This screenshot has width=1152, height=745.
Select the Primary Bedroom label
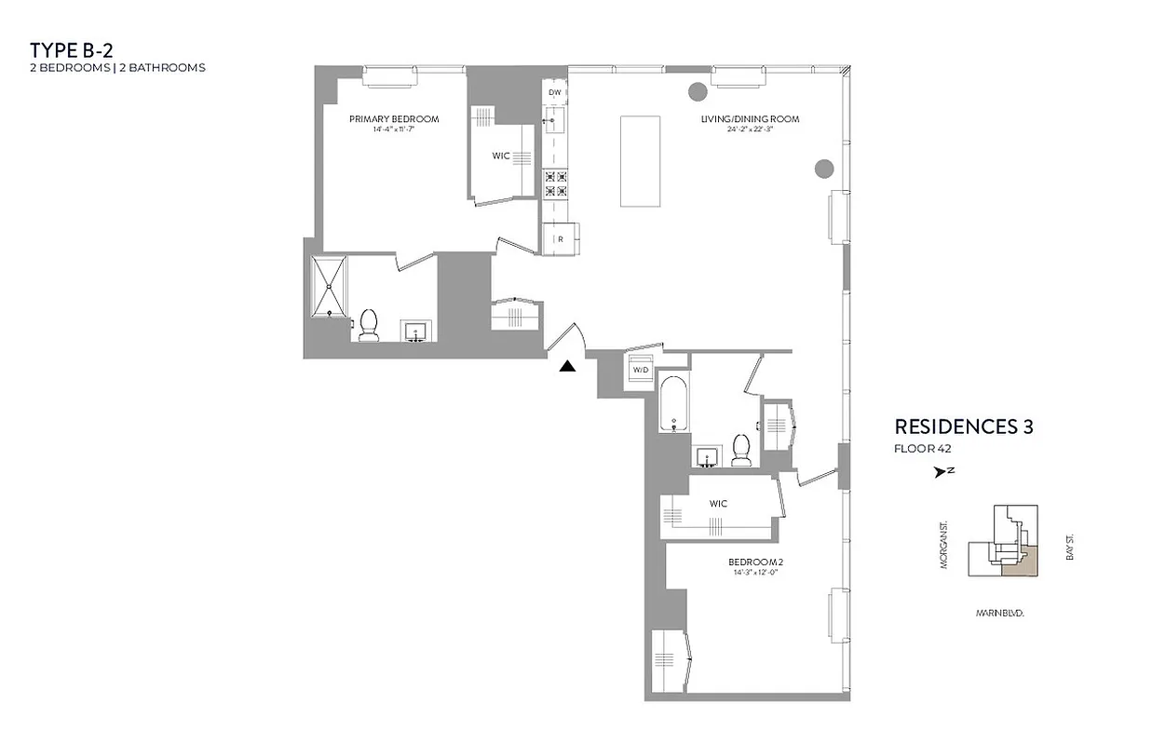pyautogui.click(x=394, y=119)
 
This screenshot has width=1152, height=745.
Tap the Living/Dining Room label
pyautogui.click(x=751, y=119)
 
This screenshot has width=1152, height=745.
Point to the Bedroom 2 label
pyautogui.click(x=754, y=562)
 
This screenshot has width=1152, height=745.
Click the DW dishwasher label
pyautogui.click(x=555, y=93)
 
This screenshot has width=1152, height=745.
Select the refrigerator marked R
pyautogui.click(x=561, y=238)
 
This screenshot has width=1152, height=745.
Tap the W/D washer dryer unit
pyautogui.click(x=641, y=370)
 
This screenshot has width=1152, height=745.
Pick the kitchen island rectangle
pyautogui.click(x=641, y=161)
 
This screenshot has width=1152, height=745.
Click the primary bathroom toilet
pyautogui.click(x=368, y=325)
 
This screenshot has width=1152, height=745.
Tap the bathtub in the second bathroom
pyautogui.click(x=674, y=401)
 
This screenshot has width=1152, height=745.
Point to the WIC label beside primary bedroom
pyautogui.click(x=501, y=156)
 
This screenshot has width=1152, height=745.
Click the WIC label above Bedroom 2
pyautogui.click(x=718, y=504)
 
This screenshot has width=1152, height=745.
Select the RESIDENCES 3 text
pyautogui.click(x=964, y=427)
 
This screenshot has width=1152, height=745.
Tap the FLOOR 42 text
pyautogui.click(x=922, y=448)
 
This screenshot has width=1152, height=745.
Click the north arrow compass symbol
pyautogui.click(x=942, y=472)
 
